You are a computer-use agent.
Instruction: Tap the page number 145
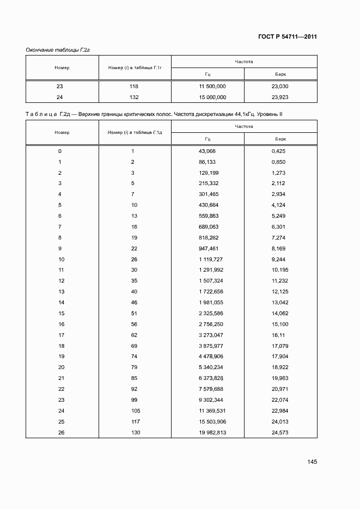point(312,462)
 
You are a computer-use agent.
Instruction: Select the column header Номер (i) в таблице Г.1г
point(135,68)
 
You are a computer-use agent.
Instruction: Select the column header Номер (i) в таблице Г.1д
point(135,132)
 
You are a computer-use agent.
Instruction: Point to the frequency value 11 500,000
point(213,87)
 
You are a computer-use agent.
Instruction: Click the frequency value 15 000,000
point(213,97)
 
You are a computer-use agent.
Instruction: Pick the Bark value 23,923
point(279,97)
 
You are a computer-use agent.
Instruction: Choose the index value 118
point(134,87)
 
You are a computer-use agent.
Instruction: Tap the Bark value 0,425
point(278,151)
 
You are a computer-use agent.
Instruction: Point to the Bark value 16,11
point(278,335)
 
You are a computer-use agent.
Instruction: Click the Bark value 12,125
point(279,292)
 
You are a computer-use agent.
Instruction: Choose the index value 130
point(134,432)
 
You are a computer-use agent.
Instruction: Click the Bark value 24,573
point(279,432)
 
